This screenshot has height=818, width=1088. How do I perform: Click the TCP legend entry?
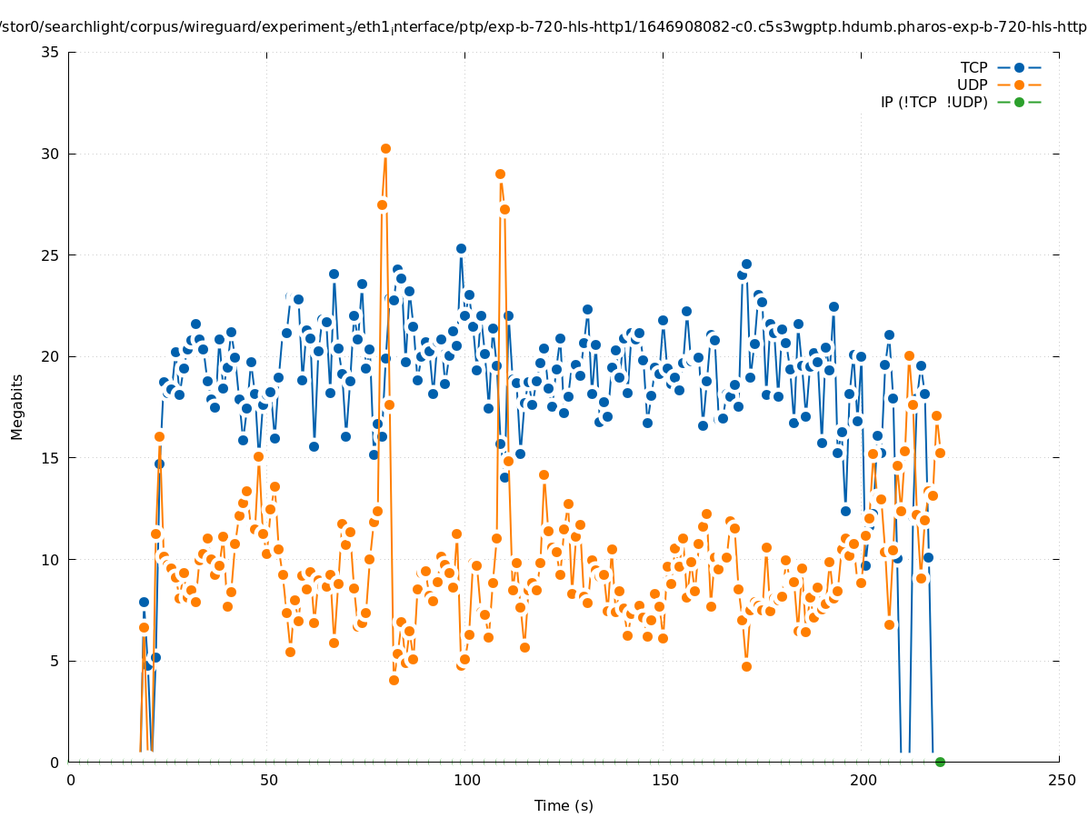[973, 67]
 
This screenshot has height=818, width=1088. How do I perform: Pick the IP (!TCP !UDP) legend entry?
[933, 102]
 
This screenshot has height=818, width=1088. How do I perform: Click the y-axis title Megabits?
[17, 406]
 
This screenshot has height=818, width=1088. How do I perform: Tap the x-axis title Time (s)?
[564, 805]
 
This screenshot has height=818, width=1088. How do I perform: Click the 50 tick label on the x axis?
[268, 780]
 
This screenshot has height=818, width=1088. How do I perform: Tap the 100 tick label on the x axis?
[466, 780]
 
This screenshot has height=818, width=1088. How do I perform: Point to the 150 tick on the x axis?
[664, 780]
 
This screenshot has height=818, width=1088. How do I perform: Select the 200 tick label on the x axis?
[863, 780]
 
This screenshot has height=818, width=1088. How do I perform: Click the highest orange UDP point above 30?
[385, 148]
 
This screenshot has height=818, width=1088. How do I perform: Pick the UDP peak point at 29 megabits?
[500, 174]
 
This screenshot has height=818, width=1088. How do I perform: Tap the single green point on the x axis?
[940, 762]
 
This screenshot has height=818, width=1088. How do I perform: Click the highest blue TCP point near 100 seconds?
[461, 248]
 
